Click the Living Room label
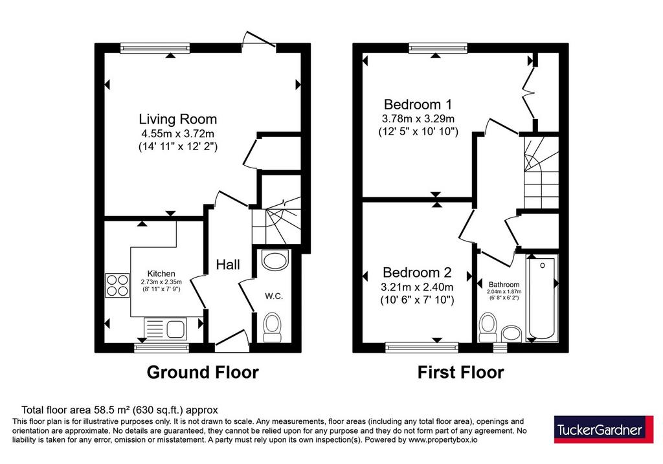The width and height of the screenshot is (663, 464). [x=178, y=119]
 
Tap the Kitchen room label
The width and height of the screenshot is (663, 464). [x=161, y=274]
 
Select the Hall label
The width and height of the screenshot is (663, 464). [x=228, y=265]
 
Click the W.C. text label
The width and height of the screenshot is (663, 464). [x=274, y=296]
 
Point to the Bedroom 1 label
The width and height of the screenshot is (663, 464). [x=418, y=104]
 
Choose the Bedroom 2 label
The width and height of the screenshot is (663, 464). [x=417, y=272]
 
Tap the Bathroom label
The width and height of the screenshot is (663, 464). [x=504, y=285]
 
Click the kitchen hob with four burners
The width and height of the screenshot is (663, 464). [x=117, y=285]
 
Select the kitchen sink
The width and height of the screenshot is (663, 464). [x=164, y=329]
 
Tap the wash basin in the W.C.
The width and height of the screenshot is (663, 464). [x=275, y=260]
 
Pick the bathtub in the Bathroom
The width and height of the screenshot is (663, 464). [x=542, y=298]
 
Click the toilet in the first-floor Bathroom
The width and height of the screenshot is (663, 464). [x=488, y=327]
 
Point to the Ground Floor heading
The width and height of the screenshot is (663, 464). [x=203, y=372]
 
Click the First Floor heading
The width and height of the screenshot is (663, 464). [x=460, y=372]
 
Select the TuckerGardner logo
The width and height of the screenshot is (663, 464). [x=604, y=429]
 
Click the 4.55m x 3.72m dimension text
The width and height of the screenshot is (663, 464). [x=178, y=134]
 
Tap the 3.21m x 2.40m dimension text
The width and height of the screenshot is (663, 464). [x=417, y=287]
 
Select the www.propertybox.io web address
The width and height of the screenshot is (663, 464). [x=443, y=440]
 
